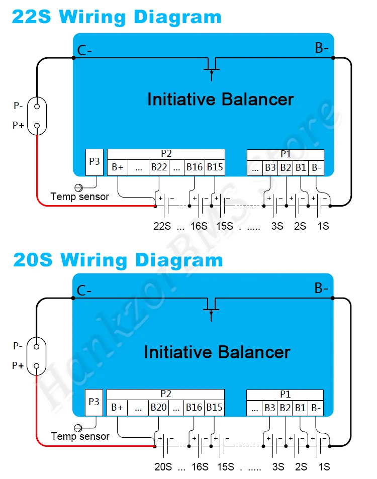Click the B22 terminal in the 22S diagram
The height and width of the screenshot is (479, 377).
159,167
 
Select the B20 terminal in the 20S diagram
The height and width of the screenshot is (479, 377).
158,408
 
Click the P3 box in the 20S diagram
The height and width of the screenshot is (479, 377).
95,402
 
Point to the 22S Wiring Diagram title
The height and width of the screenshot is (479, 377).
116,17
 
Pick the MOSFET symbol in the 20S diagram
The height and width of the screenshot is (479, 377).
212,308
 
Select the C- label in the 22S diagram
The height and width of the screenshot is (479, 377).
84,50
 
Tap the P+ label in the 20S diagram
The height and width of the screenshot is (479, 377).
18,366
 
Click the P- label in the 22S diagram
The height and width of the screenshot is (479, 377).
18,106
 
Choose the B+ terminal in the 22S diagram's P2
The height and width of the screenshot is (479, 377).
118,167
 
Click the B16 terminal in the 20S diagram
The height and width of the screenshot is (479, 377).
194,408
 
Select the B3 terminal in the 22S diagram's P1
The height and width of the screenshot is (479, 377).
270,167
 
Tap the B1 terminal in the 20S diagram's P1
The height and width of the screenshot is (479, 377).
301,408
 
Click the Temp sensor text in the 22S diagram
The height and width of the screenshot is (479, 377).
80,197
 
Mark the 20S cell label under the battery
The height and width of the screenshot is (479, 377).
162,466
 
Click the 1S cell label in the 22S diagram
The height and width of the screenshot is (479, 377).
323,226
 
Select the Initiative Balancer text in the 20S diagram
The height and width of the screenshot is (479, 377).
217,352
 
